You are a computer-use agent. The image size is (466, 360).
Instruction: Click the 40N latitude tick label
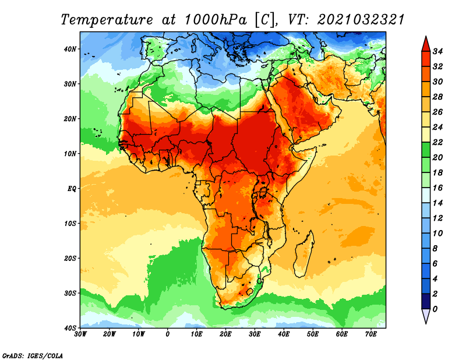point(70,49)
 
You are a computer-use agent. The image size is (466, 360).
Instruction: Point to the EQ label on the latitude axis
point(72,189)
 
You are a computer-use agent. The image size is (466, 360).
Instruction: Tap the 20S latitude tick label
point(70,258)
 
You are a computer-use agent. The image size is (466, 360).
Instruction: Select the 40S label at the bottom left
point(70,328)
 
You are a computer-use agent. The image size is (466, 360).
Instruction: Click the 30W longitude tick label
point(80,334)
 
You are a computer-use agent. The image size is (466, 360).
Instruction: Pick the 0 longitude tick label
point(168,334)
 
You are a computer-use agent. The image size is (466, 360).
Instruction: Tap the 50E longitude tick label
point(313,334)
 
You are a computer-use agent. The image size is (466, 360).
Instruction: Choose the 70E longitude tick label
point(371,334)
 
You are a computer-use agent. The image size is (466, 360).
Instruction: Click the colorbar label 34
point(438,51)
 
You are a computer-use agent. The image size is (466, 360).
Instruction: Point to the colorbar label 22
point(438,142)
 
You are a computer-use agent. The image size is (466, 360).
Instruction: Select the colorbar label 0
point(435,309)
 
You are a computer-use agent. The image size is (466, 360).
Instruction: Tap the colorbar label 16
point(438,188)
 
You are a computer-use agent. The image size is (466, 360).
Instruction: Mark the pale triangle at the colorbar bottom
point(426,316)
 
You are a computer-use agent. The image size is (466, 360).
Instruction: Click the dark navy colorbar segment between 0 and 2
point(426,301)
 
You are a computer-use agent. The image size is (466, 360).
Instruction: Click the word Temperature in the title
point(107,20)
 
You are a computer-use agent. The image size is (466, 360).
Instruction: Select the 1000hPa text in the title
point(216,20)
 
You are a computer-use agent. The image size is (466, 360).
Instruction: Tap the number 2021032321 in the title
point(361,20)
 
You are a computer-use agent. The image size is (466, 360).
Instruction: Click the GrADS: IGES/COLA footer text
point(33,356)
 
